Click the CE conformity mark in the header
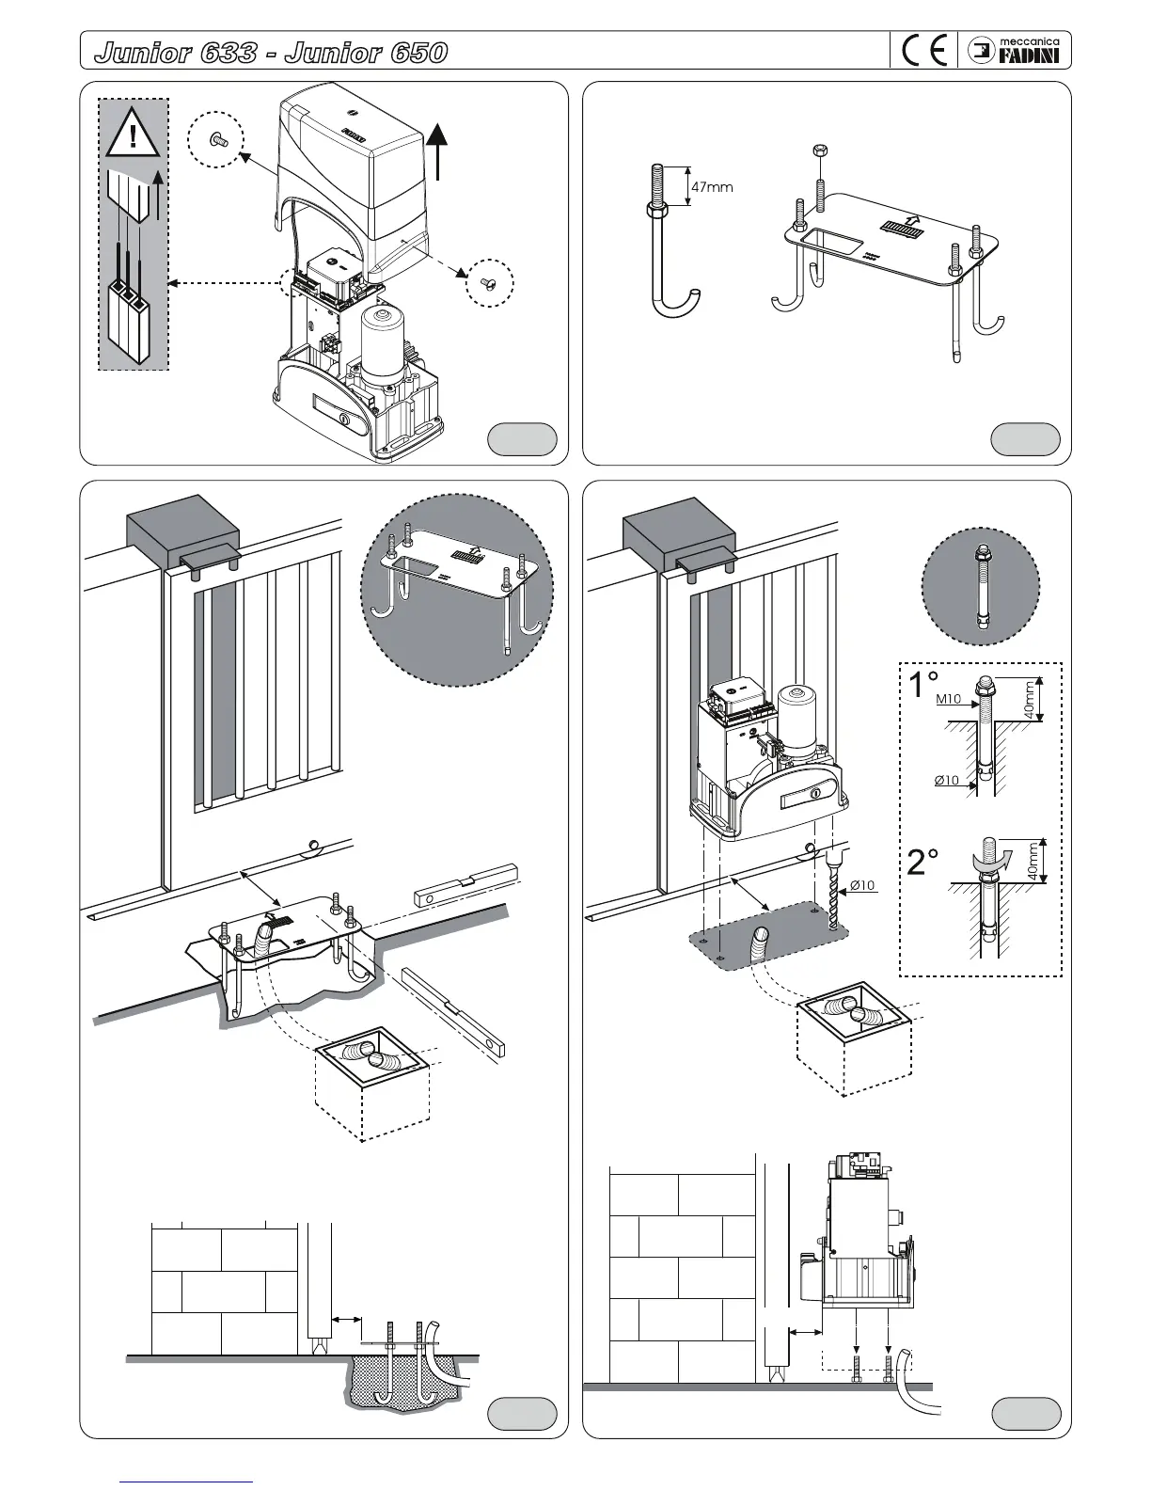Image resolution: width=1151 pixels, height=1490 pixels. pyautogui.click(x=923, y=50)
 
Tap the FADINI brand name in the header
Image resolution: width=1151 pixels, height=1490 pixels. pyautogui.click(x=1029, y=56)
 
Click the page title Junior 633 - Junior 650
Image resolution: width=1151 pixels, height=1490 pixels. pyautogui.click(x=271, y=52)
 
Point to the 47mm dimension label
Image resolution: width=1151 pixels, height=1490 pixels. pyautogui.click(x=712, y=186)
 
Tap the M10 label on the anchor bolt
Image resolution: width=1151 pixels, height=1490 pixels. pyautogui.click(x=948, y=699)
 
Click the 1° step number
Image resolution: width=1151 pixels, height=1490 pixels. pyautogui.click(x=922, y=685)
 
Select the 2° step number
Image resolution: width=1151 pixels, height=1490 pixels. pyautogui.click(x=922, y=862)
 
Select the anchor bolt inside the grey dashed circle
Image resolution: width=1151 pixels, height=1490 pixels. pyautogui.click(x=980, y=586)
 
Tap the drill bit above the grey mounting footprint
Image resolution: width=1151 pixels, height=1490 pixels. pyautogui.click(x=836, y=891)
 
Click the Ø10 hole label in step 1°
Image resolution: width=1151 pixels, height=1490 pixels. pyautogui.click(x=947, y=780)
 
